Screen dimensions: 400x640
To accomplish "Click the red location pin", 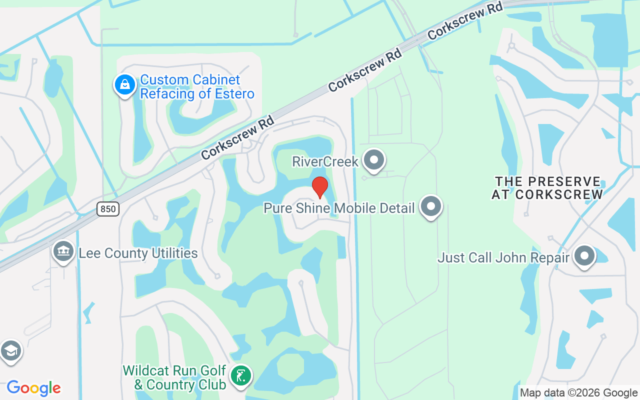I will (x=319, y=187).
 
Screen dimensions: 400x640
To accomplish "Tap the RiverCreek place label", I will (x=325, y=161).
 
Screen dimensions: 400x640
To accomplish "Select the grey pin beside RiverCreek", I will (x=374, y=160).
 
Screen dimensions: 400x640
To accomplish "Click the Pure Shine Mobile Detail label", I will (x=339, y=208).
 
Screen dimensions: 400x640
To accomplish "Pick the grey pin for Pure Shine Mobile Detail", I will (x=431, y=206).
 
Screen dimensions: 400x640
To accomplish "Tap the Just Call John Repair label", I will (x=503, y=257).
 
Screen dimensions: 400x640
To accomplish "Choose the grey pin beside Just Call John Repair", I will (x=584, y=256).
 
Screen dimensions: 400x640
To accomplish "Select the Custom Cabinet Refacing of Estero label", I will (x=197, y=86).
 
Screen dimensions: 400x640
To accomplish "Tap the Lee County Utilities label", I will (x=138, y=253).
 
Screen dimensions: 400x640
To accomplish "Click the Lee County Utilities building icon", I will (x=63, y=251).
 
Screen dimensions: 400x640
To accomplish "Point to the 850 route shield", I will (x=108, y=209).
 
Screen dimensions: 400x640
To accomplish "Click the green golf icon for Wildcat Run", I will (x=241, y=375).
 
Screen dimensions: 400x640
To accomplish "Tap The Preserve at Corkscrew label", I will (x=547, y=188).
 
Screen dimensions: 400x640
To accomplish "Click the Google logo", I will (x=33, y=388).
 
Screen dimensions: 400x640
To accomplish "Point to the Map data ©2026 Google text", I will (x=578, y=393).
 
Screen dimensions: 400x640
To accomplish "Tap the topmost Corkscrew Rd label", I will (x=465, y=20).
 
